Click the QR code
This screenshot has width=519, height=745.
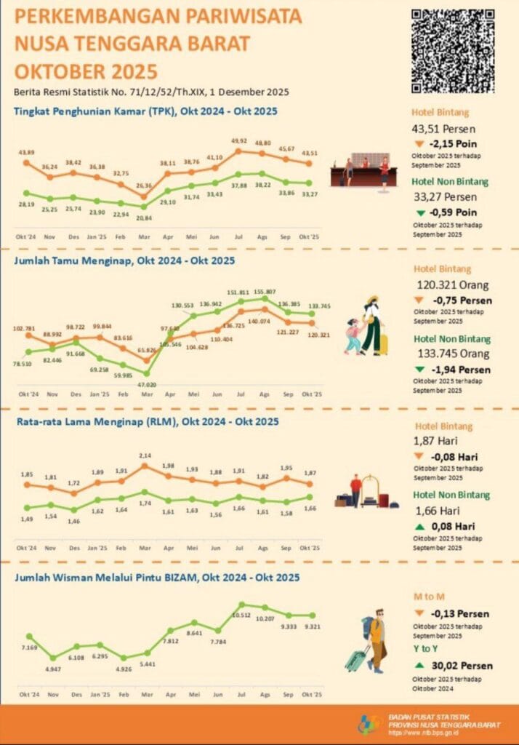(453, 50)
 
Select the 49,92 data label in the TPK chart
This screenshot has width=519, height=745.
(239, 141)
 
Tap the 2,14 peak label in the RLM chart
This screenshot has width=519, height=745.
(146, 455)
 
